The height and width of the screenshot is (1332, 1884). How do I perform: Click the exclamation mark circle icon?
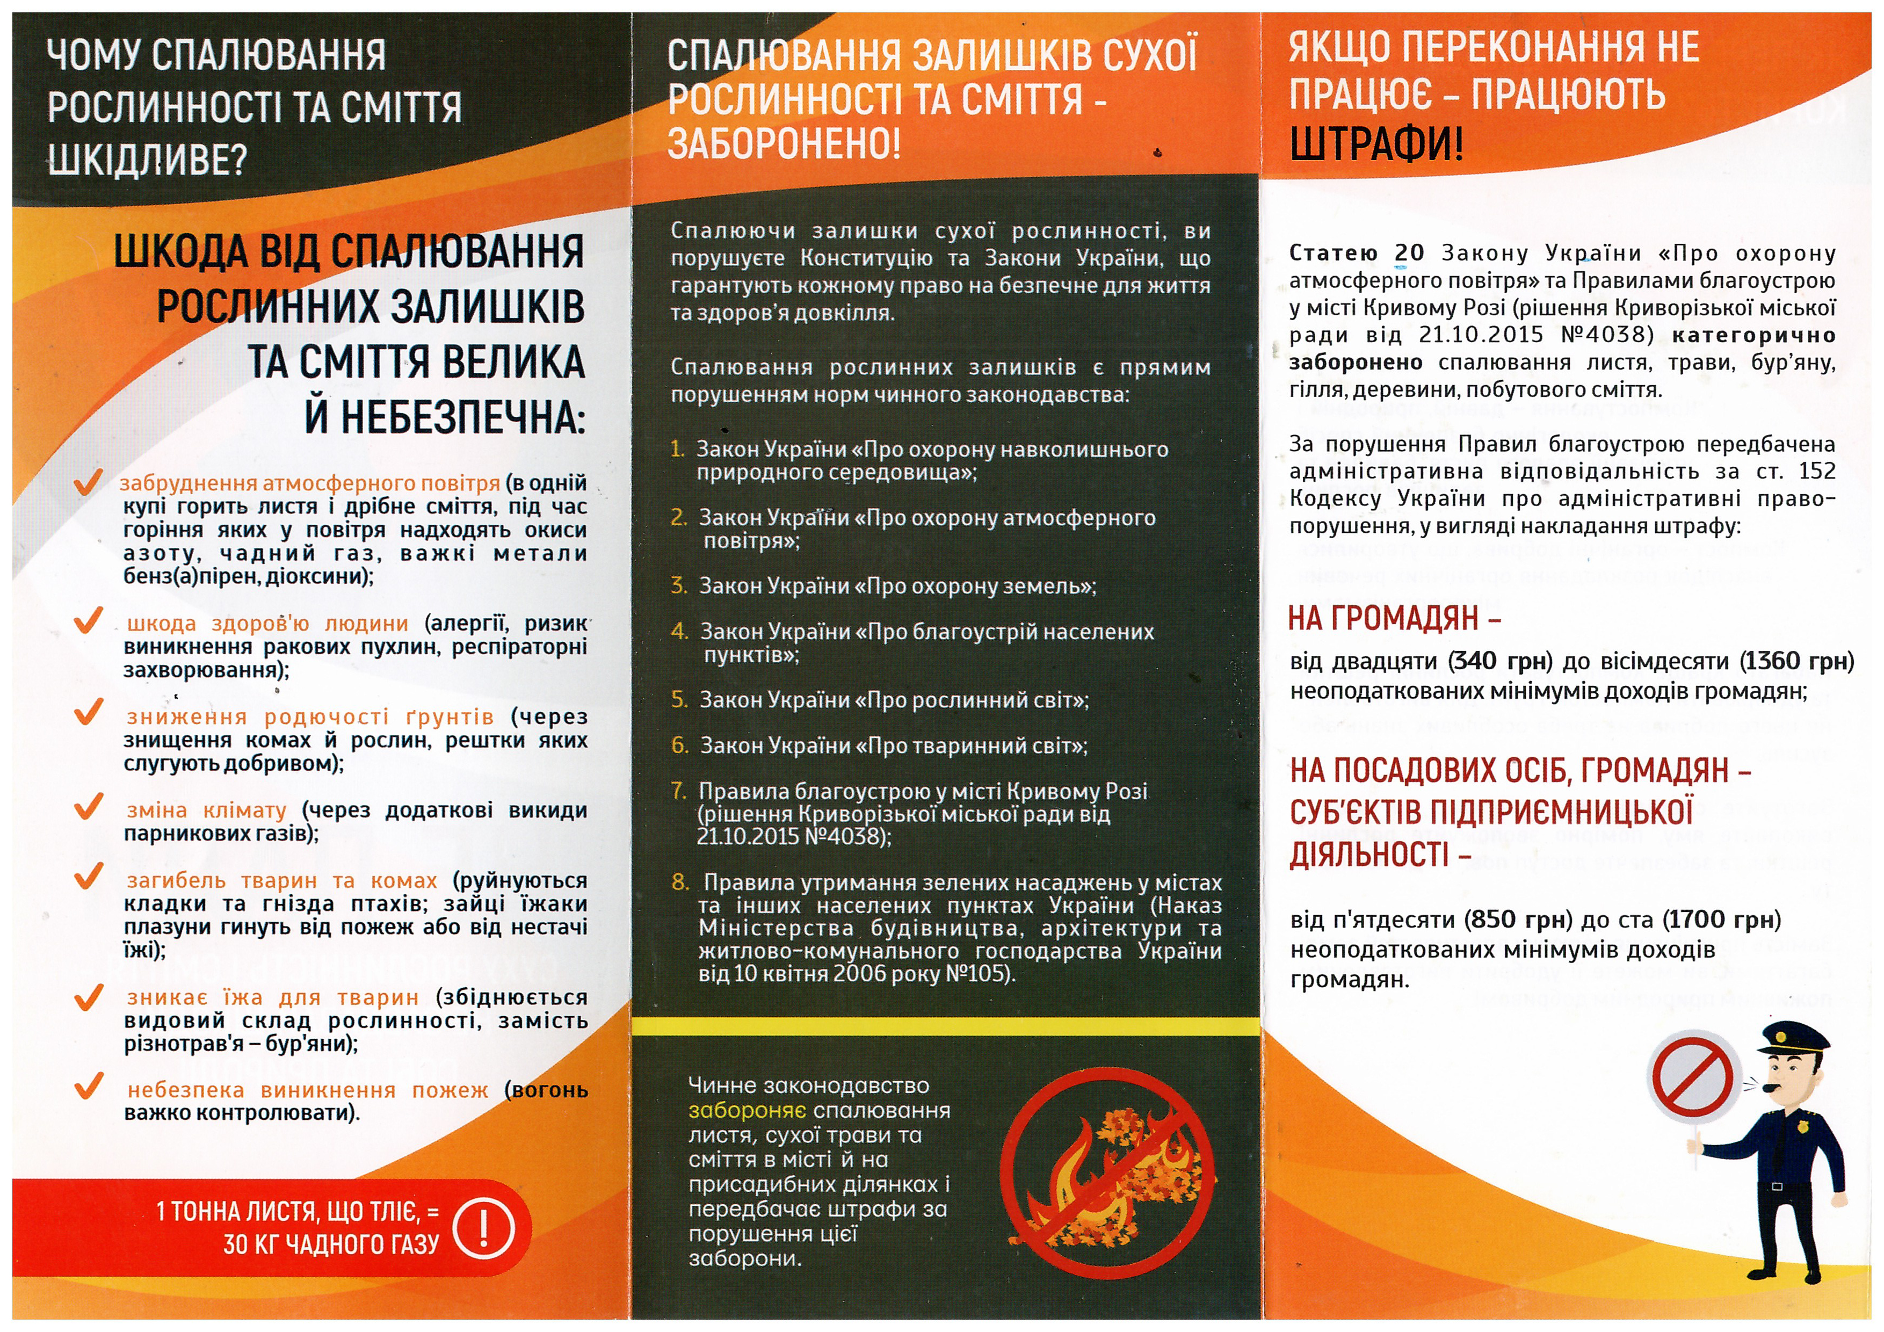coord(483,1228)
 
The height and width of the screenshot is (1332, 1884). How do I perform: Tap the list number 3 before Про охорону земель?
coord(679,585)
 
